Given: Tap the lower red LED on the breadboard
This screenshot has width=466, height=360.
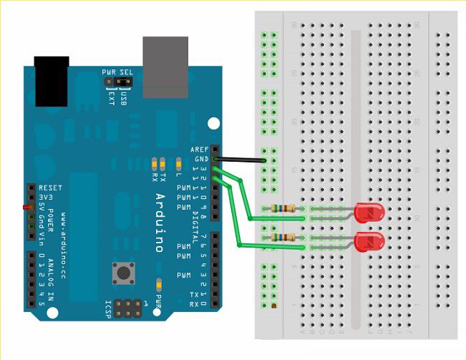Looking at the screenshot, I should coord(369,241).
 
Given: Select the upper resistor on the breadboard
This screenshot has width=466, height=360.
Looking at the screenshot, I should coord(282,209).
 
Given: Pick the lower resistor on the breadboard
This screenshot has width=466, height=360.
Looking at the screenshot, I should coord(282,238).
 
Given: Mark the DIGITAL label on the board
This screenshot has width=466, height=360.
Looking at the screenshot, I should coord(196,223).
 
